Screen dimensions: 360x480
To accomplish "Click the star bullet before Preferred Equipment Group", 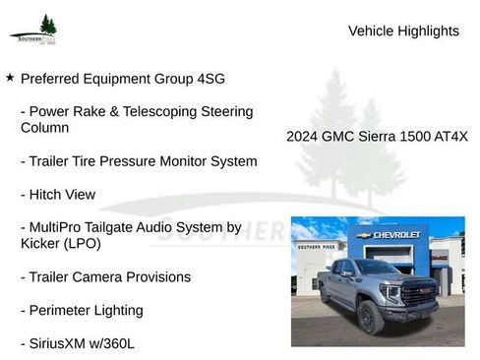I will (x=10, y=76).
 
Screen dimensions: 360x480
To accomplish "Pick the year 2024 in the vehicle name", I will (x=305, y=137).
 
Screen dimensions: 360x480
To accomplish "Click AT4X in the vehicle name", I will (x=449, y=137).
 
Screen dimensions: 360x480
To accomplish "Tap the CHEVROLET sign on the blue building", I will (x=393, y=235).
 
